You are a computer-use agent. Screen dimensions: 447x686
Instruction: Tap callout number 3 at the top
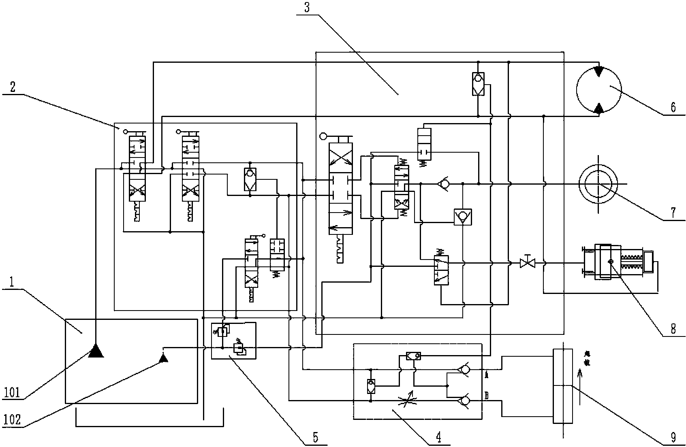coord(307,8)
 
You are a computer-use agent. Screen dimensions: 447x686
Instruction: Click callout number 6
coord(673,107)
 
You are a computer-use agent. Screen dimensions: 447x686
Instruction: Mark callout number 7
coord(673,212)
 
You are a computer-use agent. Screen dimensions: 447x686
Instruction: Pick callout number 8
coord(673,328)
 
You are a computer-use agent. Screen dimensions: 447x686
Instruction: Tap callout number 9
coord(673,437)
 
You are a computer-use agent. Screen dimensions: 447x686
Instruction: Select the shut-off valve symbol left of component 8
coord(527,263)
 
